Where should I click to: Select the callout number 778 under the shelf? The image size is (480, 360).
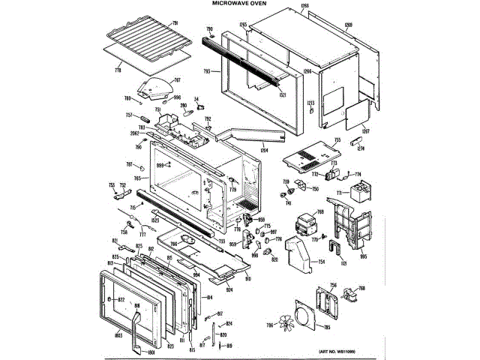[x=118, y=70]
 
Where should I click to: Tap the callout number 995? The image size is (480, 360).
[x=363, y=256]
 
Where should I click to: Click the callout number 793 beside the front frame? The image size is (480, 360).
[x=206, y=72]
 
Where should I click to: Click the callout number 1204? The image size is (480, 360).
[x=265, y=151]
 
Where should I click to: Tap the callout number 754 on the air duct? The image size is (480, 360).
[x=321, y=262]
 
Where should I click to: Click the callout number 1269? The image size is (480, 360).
[x=369, y=25]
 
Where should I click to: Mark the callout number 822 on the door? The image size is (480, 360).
[x=120, y=299]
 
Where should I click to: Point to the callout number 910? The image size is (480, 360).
[x=247, y=278]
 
